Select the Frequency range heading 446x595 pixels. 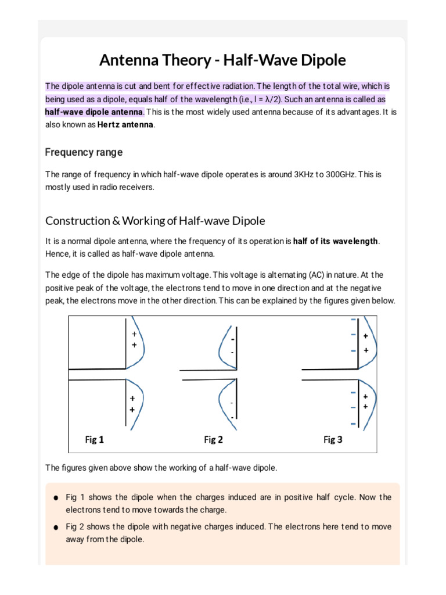click(x=84, y=152)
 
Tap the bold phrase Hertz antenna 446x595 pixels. click(x=128, y=124)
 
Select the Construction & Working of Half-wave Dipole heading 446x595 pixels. click(x=155, y=221)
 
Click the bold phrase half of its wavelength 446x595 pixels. click(x=336, y=241)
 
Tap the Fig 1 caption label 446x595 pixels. click(x=95, y=440)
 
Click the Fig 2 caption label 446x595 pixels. click(x=213, y=440)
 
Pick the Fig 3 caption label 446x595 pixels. click(x=333, y=440)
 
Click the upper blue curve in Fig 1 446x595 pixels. click(x=141, y=343)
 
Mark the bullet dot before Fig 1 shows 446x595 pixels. click(x=55, y=498)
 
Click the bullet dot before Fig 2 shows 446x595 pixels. click(x=55, y=528)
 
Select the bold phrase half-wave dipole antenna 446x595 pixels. click(x=95, y=112)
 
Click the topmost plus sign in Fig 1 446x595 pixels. click(x=134, y=334)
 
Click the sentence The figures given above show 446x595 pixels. click(x=161, y=468)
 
